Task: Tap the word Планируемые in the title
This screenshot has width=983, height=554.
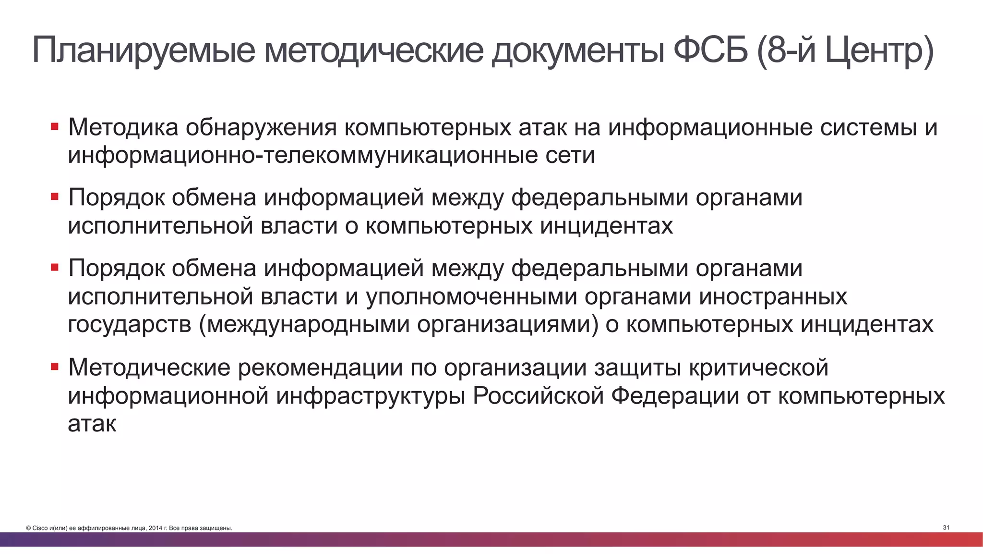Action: (144, 51)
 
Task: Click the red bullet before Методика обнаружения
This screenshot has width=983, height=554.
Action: (55, 127)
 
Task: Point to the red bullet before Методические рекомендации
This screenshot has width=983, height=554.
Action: (55, 367)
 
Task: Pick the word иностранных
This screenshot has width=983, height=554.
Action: (773, 297)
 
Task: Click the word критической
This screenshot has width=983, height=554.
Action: (758, 368)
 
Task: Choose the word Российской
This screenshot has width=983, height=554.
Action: (538, 396)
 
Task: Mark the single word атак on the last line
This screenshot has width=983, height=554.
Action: (92, 424)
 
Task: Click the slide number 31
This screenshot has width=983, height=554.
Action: (946, 528)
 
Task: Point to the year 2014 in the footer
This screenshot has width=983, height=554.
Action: (156, 529)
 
